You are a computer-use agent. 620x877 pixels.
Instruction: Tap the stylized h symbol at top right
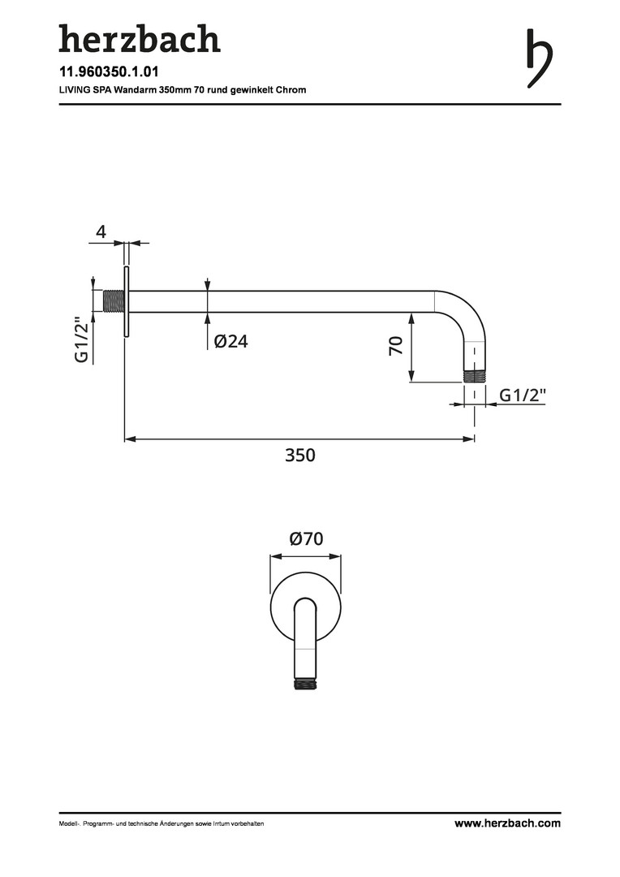(539, 58)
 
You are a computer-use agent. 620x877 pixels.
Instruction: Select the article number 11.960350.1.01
(109, 71)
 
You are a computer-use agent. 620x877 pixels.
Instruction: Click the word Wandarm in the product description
(133, 89)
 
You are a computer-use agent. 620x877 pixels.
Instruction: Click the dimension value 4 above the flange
(101, 231)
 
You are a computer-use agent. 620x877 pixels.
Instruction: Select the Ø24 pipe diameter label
(231, 340)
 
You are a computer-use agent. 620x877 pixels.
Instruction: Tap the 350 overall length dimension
(300, 455)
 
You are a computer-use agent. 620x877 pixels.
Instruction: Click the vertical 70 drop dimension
(396, 346)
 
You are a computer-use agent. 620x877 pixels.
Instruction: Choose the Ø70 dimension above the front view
(307, 538)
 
